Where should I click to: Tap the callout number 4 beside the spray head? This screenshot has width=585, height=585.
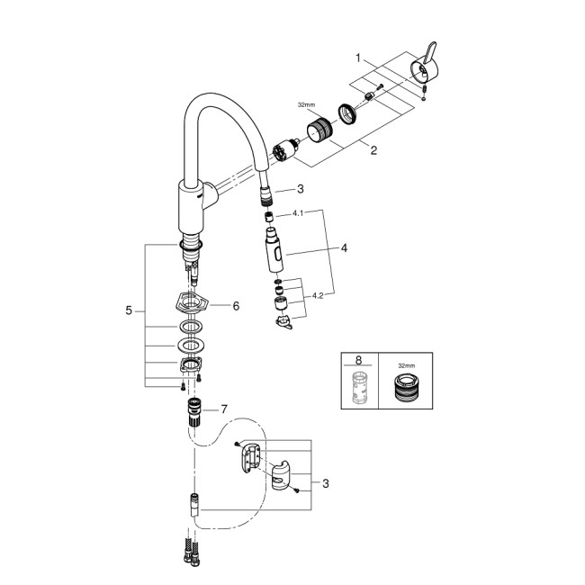[343, 247]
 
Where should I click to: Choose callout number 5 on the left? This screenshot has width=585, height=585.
[130, 310]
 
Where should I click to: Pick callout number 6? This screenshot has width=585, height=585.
[236, 306]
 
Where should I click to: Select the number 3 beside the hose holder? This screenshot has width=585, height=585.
[325, 483]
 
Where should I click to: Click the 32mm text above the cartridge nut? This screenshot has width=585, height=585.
[308, 104]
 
